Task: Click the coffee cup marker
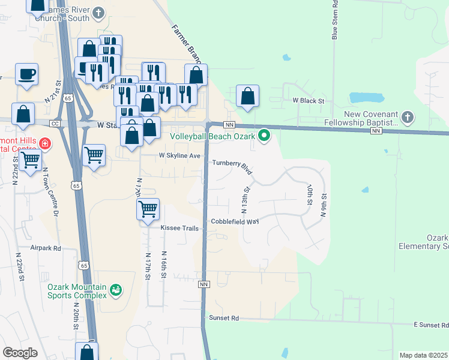point(26,75)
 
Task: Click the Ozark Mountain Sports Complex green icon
point(116,292)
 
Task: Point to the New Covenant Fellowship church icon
point(407,116)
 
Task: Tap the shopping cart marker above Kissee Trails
point(148,209)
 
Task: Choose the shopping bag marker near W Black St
point(247,95)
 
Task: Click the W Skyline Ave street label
point(179,155)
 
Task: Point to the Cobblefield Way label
point(234,221)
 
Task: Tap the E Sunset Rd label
point(431,325)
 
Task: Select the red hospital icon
point(46,144)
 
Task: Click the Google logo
point(20,353)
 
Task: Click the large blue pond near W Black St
point(366,97)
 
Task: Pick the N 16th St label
point(163,265)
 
